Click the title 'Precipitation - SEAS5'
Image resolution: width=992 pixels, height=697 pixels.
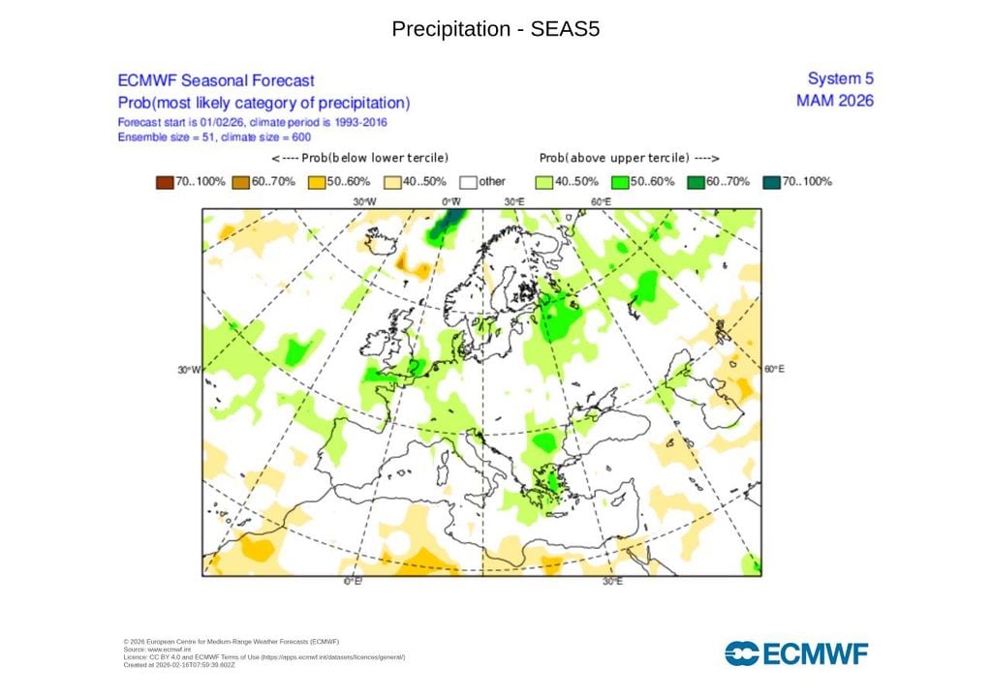[496, 29]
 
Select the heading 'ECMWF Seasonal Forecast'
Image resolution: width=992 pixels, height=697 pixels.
[215, 81]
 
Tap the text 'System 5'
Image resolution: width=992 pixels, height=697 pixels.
[840, 78]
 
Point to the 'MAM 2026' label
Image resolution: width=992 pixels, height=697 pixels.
[834, 101]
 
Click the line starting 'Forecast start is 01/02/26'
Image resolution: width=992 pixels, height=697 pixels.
[259, 123]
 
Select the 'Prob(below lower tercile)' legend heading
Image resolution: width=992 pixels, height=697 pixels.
[360, 158]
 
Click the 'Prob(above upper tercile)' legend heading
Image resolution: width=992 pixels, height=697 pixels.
[630, 158]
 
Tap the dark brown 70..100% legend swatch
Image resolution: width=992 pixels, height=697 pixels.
[164, 181]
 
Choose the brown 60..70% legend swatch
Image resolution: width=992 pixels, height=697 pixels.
[240, 181]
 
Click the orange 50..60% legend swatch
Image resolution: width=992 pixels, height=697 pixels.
[317, 181]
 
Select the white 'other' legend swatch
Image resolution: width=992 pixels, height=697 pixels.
[469, 181]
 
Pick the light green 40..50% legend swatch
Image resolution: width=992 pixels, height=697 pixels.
[545, 181]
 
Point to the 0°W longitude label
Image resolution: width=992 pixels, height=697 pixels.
[450, 201]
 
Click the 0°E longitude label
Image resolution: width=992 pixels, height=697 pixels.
[354, 582]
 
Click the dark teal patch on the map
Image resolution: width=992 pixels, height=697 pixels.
[444, 227]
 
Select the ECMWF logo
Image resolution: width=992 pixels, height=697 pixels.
[796, 653]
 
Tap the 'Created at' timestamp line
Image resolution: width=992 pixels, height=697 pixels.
[179, 665]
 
